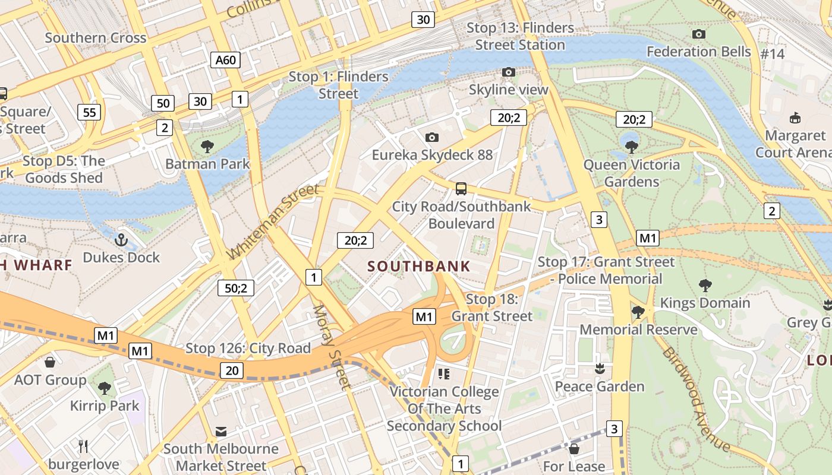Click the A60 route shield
point(225,59)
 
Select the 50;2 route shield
point(236,288)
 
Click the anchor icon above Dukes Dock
point(121,240)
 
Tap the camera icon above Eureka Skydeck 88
point(432,138)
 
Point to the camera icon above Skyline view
point(508,72)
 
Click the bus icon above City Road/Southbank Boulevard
point(461,189)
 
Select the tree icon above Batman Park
point(207,146)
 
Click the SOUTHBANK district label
point(419,267)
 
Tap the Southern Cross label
point(96,38)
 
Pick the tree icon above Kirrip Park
point(105,388)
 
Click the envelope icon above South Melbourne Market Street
point(221,431)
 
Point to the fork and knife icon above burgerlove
point(83,446)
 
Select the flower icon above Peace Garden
point(600,369)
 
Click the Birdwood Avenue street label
point(695,399)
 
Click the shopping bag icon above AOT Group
point(50,362)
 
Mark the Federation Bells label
point(699,52)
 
